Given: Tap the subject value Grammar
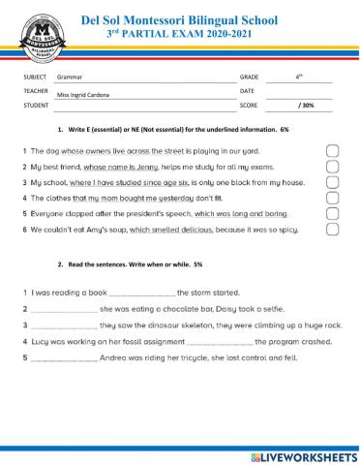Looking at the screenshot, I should point(70,76).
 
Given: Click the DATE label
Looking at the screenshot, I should point(247,90).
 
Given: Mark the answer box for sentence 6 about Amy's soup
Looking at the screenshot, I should point(332,230).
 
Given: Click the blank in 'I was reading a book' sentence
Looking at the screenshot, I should point(142,294).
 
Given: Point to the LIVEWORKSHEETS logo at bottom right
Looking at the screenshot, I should point(303,455).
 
